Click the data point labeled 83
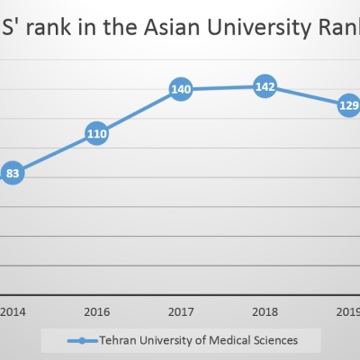[x=13, y=173]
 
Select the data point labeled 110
[x=96, y=133]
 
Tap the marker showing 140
[x=181, y=89]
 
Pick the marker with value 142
[x=265, y=86]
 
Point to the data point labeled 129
[x=348, y=105]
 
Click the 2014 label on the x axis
[x=13, y=312]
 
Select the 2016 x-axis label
[x=97, y=312]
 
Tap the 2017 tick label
[x=181, y=312]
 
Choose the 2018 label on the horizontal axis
[x=265, y=312]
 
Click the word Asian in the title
[x=172, y=27]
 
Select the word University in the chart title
[x=259, y=29]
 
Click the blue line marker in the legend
[x=83, y=341]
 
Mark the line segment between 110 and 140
[x=139, y=112]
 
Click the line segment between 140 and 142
[x=222, y=87]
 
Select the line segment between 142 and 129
[x=307, y=96]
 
